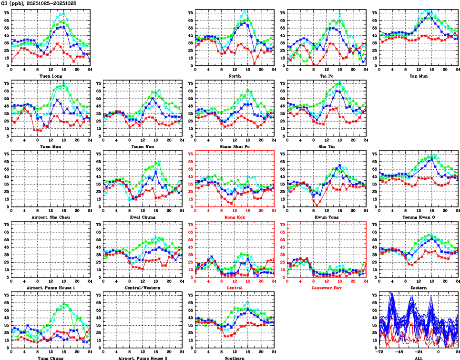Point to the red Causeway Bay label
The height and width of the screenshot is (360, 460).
(x=327, y=288)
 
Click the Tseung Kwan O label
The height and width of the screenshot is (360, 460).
(x=419, y=217)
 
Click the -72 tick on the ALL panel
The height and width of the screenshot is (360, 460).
(x=380, y=352)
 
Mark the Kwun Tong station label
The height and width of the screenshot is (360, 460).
(x=327, y=217)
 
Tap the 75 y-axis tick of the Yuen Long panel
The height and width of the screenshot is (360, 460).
(x=7, y=13)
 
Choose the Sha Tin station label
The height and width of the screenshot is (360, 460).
(x=327, y=146)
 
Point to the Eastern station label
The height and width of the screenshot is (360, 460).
(x=419, y=288)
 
